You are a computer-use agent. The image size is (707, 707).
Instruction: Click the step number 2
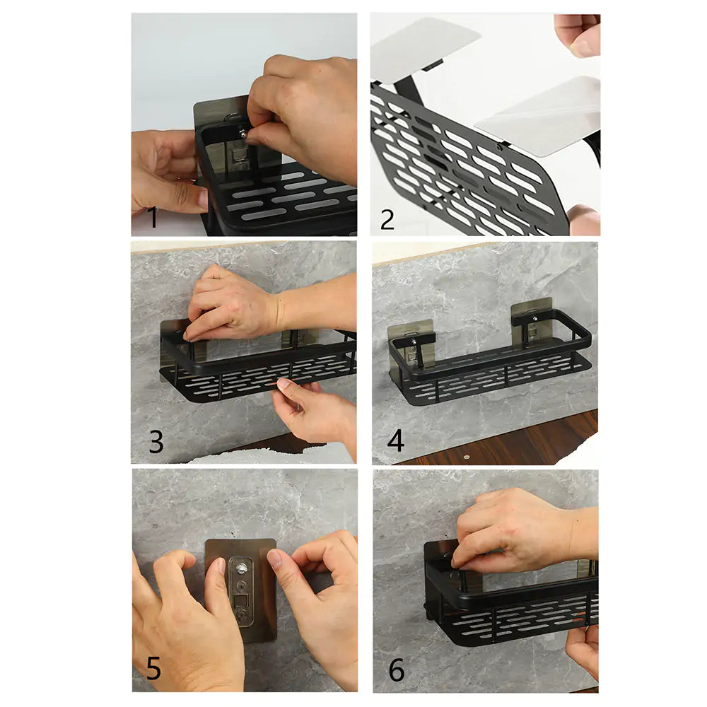click(387, 218)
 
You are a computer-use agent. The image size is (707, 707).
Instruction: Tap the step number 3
click(156, 442)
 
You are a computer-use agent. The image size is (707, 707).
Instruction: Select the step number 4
click(396, 441)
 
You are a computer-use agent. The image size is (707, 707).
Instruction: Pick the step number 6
click(397, 670)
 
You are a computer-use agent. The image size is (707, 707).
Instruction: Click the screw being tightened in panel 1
click(243, 133)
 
